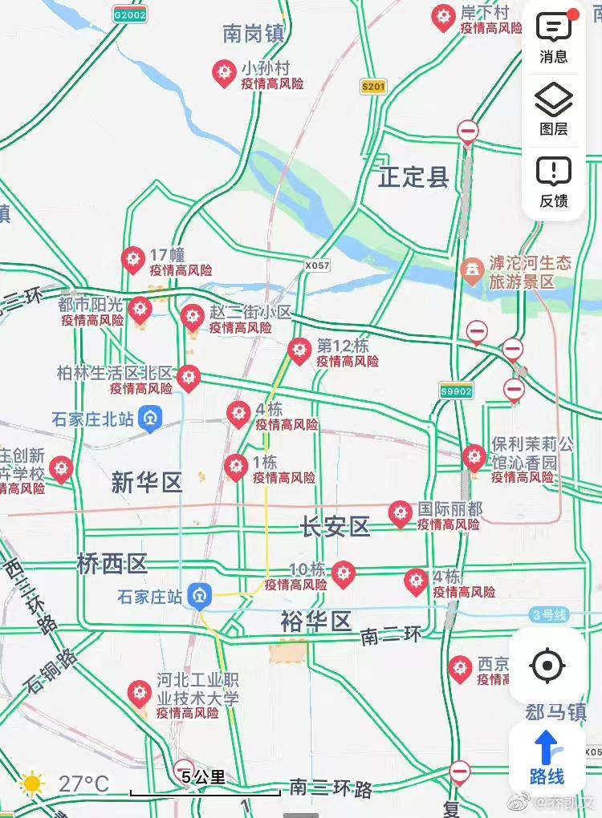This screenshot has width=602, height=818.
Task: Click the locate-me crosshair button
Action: point(547,666)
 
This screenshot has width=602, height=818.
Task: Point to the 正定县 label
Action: point(413,177)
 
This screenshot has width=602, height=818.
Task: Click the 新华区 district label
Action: point(147,483)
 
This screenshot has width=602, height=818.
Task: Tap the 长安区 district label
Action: point(336,527)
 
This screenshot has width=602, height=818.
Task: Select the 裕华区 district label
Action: point(316,621)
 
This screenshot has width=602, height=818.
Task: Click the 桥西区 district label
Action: point(112,564)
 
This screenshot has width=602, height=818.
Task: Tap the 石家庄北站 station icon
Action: point(150,419)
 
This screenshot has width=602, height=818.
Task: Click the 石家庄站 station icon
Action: point(199,597)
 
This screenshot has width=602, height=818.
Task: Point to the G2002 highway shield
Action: point(129,15)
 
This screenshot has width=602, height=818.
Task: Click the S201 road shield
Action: point(373,87)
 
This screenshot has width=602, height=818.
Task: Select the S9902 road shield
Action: point(456,391)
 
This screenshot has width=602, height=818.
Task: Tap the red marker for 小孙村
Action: point(224,73)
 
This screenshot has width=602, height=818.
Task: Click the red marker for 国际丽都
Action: point(400,513)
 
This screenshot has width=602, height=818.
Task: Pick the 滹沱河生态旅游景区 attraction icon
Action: point(474,270)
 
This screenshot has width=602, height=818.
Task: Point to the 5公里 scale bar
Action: point(205,786)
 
